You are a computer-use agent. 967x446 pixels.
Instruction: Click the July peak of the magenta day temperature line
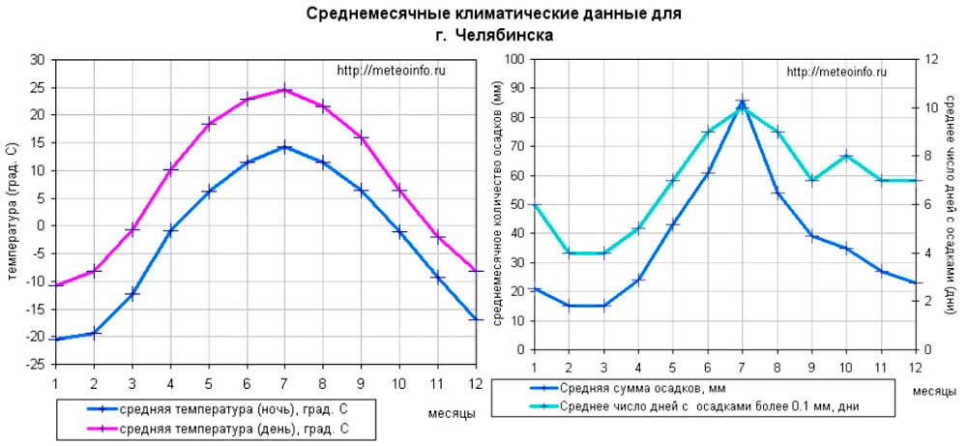tap(284, 90)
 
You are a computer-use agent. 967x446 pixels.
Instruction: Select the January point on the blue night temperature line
tap(56, 340)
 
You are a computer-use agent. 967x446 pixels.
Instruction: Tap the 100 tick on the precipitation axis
tap(513, 60)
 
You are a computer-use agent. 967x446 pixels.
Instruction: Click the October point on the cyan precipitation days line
tap(846, 156)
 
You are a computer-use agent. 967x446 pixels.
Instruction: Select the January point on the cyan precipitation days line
tap(534, 204)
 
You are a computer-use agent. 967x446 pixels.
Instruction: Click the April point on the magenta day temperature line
tap(170, 169)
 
